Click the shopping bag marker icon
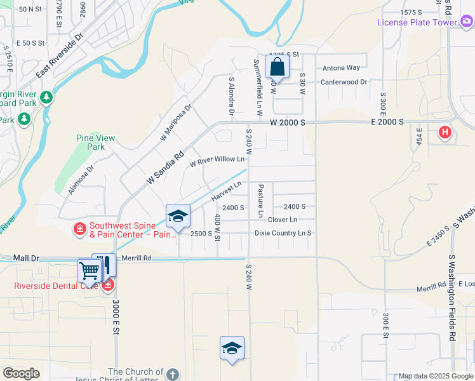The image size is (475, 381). [278, 66]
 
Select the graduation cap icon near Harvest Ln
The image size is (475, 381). [178, 216]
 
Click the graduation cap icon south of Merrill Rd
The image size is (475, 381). [232, 348]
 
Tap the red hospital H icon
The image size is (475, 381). [445, 132]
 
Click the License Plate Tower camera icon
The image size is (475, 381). [467, 22]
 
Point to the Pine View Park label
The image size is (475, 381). [96, 142]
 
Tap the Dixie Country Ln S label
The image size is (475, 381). [283, 233]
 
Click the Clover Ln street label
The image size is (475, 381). [283, 220]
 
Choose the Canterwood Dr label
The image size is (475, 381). [344, 83]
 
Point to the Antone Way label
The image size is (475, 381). [341, 68]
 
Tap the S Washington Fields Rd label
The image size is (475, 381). [452, 298]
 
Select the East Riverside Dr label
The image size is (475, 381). [60, 56]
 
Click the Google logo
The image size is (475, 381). [21, 373]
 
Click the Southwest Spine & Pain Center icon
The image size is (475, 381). [80, 229]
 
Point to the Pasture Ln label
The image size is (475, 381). [260, 199]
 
